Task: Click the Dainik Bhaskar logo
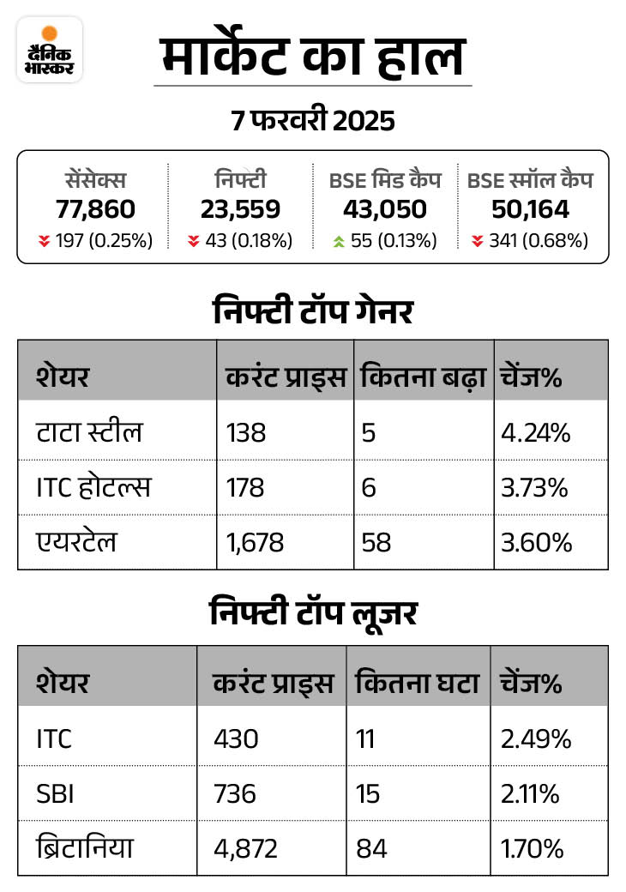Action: pyautogui.click(x=50, y=49)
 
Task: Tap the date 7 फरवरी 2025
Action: pyautogui.click(x=313, y=121)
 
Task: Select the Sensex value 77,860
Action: pyautogui.click(x=96, y=209)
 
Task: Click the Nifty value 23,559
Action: pyautogui.click(x=240, y=209)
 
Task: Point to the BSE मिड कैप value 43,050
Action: pyautogui.click(x=385, y=209)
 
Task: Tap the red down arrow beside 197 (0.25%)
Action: pyautogui.click(x=44, y=241)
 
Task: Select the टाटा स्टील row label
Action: pyautogui.click(x=89, y=432)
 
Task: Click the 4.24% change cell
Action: pyautogui.click(x=536, y=432)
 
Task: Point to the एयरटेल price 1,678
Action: pyautogui.click(x=255, y=542)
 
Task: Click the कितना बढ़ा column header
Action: pyautogui.click(x=424, y=377)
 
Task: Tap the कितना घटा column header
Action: pyautogui.click(x=417, y=684)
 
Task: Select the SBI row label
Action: pyautogui.click(x=56, y=793)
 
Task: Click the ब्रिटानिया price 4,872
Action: pyautogui.click(x=245, y=848)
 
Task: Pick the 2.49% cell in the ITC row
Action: pyautogui.click(x=535, y=738)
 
